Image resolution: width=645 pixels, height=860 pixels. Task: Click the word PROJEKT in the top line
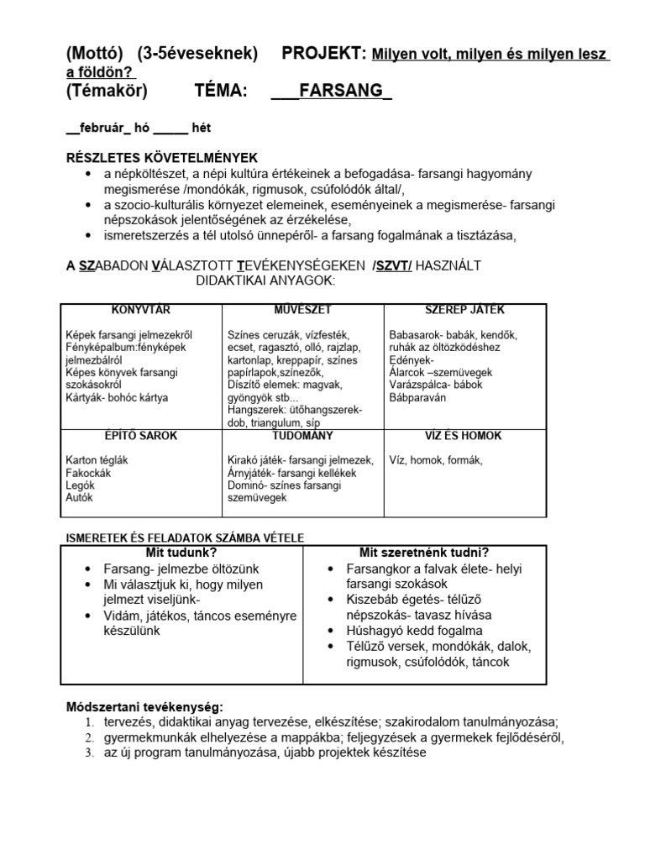click(324, 54)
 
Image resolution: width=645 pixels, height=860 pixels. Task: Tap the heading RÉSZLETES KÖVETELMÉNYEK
click(162, 158)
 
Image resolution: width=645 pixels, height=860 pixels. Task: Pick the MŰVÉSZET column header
click(302, 311)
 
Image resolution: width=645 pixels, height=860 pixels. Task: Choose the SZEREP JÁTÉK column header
click(464, 311)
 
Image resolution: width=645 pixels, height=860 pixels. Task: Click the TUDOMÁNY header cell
click(302, 437)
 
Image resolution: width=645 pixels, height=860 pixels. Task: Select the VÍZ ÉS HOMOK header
click(464, 437)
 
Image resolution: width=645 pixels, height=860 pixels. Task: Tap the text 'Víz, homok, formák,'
click(436, 460)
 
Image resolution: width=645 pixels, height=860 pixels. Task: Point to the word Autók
click(79, 498)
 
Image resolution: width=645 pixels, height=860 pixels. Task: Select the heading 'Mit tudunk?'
click(181, 553)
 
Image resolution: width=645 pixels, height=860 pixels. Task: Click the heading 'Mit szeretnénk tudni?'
click(424, 553)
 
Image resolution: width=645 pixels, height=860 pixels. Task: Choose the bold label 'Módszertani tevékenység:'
click(144, 706)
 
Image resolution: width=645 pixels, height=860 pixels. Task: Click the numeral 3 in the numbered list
click(89, 753)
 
